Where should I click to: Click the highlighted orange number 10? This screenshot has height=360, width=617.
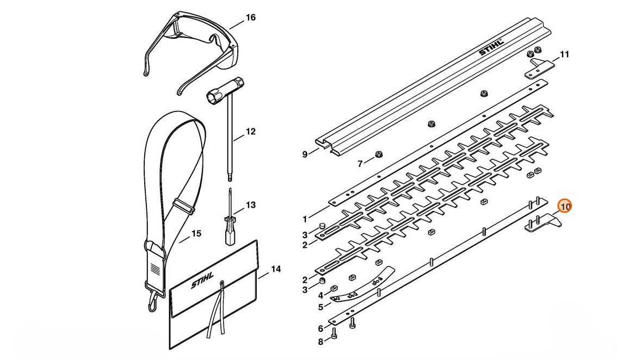pyautogui.click(x=565, y=207)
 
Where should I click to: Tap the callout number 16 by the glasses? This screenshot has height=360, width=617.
pyautogui.click(x=250, y=17)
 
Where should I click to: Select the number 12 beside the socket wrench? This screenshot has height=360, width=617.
pyautogui.click(x=250, y=132)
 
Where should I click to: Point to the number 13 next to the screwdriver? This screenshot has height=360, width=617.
pyautogui.click(x=250, y=205)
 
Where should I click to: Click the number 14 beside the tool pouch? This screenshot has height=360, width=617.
pyautogui.click(x=276, y=269)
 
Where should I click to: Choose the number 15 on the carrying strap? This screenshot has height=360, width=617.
pyautogui.click(x=196, y=233)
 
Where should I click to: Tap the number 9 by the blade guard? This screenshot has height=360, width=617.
pyautogui.click(x=305, y=154)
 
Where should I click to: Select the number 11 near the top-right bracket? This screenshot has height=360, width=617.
pyautogui.click(x=564, y=54)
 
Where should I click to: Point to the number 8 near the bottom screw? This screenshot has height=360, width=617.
pyautogui.click(x=320, y=342)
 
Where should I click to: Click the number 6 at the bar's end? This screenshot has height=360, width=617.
pyautogui.click(x=320, y=328)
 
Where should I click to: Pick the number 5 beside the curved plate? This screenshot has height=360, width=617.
pyautogui.click(x=320, y=307)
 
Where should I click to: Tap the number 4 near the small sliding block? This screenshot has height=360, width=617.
pyautogui.click(x=320, y=295)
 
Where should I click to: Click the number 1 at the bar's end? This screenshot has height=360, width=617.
pyautogui.click(x=305, y=219)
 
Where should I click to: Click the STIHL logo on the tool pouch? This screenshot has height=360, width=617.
pyautogui.click(x=203, y=283)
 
